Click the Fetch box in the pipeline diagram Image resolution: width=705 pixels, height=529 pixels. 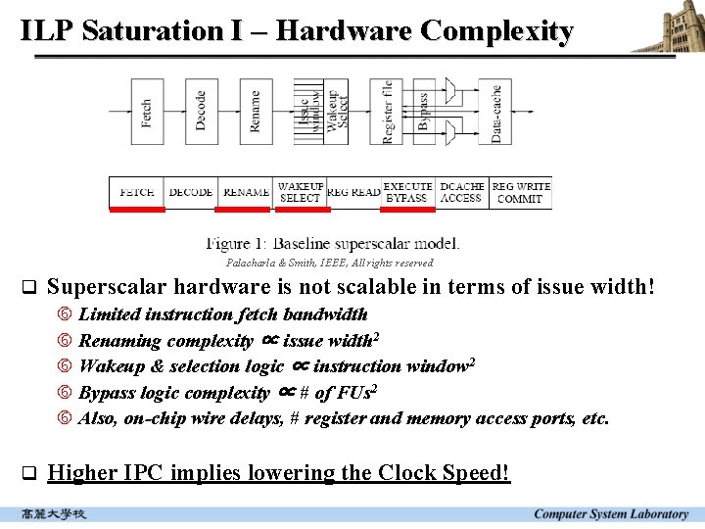(x=147, y=112)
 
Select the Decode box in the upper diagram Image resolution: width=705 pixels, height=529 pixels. (x=201, y=112)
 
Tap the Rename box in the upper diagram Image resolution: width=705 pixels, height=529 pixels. (x=256, y=112)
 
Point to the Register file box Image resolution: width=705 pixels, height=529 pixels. (x=388, y=112)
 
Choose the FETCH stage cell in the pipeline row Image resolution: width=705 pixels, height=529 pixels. (x=136, y=192)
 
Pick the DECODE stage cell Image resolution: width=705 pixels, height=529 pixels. (x=191, y=192)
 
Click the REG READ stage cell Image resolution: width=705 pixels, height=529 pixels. (x=352, y=192)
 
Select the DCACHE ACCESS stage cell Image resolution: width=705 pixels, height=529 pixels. (x=461, y=192)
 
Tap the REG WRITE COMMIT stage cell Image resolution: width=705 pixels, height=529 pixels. (x=520, y=192)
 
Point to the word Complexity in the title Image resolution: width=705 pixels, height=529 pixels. (x=496, y=30)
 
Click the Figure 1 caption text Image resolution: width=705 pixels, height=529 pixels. (x=333, y=243)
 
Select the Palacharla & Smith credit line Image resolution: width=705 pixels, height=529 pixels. (x=329, y=263)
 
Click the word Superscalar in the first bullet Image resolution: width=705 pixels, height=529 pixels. (x=101, y=287)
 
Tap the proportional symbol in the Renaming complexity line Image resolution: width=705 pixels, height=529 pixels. (x=271, y=340)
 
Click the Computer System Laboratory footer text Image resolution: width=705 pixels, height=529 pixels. (x=611, y=514)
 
